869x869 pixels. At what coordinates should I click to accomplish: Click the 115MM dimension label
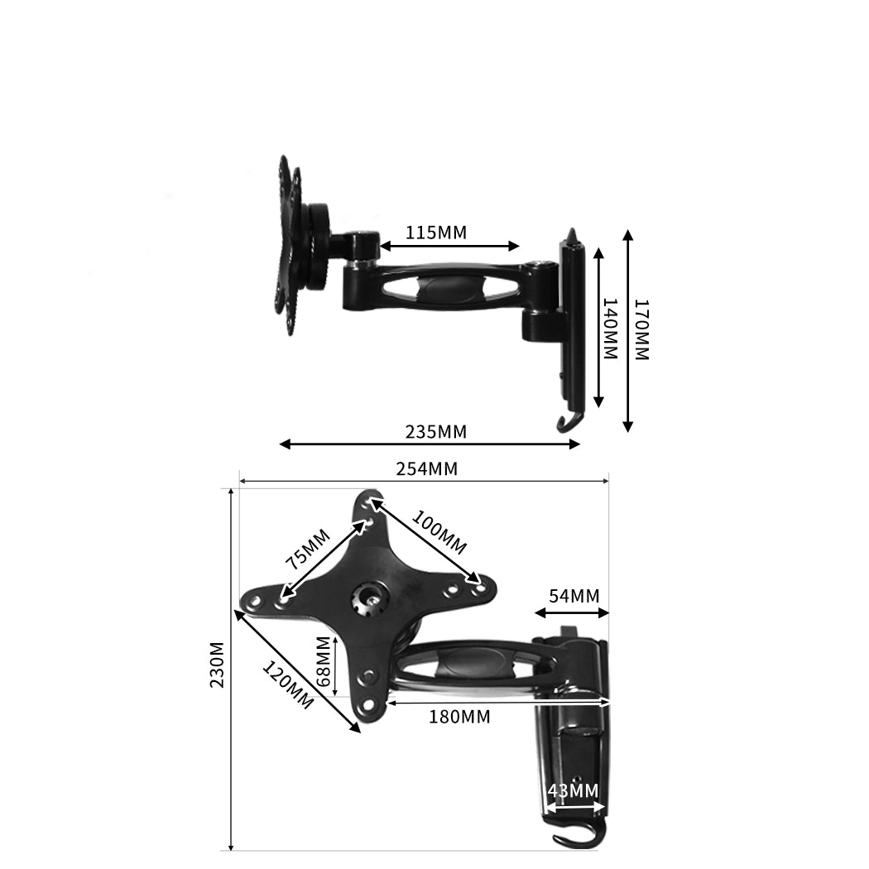[x=436, y=233]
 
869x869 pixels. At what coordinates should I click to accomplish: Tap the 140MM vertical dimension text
[x=610, y=329]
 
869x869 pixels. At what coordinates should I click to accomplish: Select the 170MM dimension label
[x=641, y=329]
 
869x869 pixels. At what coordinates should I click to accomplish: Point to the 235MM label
[x=436, y=431]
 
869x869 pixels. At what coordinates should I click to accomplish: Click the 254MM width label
[x=427, y=469]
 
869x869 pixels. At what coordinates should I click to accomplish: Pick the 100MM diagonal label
[x=439, y=535]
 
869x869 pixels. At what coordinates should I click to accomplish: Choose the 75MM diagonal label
[x=308, y=549]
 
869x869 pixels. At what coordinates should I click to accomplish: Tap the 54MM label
[x=574, y=596]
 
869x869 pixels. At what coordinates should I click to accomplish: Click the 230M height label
[x=217, y=665]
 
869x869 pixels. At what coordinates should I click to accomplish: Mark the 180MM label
[x=459, y=717]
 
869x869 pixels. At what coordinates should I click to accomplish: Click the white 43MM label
[x=572, y=790]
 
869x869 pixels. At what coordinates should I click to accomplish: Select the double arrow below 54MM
[x=572, y=613]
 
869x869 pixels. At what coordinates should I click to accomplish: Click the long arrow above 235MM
[x=430, y=444]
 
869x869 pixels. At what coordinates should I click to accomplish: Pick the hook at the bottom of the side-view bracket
[x=566, y=424]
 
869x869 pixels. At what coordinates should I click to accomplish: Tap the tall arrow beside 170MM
[x=628, y=331]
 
